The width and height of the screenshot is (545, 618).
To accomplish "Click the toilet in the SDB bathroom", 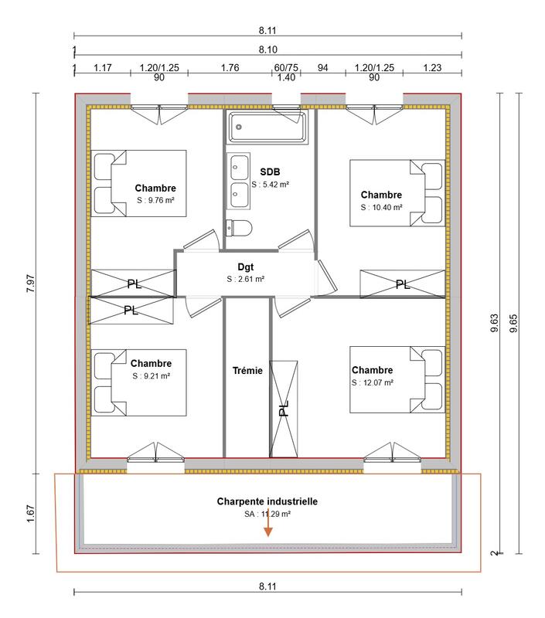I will coord(238,228).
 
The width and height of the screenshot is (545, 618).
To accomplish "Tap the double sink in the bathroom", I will coord(237,177).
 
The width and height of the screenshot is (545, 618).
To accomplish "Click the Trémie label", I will coord(247,371).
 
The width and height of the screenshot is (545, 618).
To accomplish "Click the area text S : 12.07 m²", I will coord(373,382).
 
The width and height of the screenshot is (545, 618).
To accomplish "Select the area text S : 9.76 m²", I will coord(155,201).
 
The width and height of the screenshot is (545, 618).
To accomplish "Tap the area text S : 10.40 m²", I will coord(381,208).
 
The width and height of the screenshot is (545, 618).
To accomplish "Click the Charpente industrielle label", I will coord(267,501).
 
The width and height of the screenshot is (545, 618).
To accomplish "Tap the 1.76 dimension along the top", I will coord(230,68).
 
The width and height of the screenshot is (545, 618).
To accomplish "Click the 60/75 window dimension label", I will coord(286,68).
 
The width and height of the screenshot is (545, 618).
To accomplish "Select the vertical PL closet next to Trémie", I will coord(283,407).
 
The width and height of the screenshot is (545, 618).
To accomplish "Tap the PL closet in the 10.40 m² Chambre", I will coord(402,284).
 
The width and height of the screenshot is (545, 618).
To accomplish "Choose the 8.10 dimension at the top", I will coord(267,49).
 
